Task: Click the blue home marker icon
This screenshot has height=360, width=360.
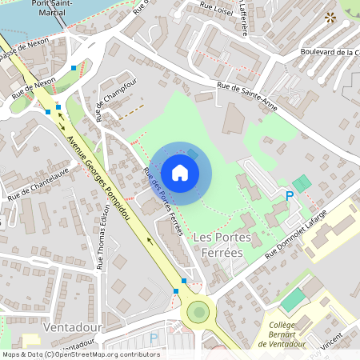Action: pos(180,172)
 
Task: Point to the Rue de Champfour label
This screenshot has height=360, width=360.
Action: pos(110,101)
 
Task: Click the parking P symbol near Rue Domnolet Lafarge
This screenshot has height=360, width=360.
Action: pos(290,195)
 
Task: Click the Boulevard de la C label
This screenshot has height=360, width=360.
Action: pos(329,53)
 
